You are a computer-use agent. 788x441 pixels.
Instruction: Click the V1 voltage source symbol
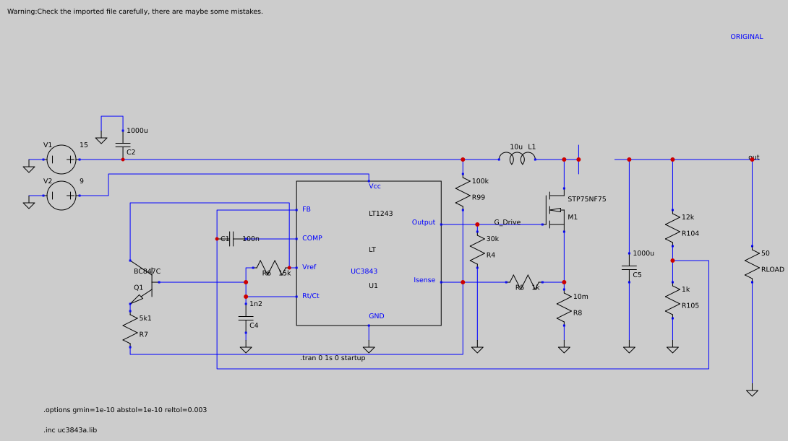pos(61,160)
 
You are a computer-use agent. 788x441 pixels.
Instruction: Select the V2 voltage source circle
pos(61,196)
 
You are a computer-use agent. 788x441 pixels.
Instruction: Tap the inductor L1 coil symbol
pos(517,157)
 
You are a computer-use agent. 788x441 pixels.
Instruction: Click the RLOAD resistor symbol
pos(752,264)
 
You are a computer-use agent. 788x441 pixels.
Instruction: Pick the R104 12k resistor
pos(672,228)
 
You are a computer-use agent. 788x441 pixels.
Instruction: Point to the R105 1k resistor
pos(672,300)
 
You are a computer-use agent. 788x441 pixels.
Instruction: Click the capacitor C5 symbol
pos(629,268)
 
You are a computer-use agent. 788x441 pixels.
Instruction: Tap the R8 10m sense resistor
pos(564,307)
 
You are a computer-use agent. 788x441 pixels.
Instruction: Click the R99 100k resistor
pos(463,192)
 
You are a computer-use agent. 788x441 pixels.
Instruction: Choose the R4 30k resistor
pos(477,250)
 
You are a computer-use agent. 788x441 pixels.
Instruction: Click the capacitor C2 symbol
pos(123,145)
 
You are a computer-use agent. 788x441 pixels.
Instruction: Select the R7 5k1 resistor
pos(130,329)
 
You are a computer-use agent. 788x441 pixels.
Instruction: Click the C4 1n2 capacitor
pos(246,318)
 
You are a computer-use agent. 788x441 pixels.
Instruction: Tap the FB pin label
pos(307,209)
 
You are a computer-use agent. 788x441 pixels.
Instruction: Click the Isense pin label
pos(424,280)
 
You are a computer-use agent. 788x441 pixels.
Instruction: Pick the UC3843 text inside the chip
pos(364,271)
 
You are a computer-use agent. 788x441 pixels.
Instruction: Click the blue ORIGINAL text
pos(746,37)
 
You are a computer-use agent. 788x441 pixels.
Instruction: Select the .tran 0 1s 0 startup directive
pos(333,358)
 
